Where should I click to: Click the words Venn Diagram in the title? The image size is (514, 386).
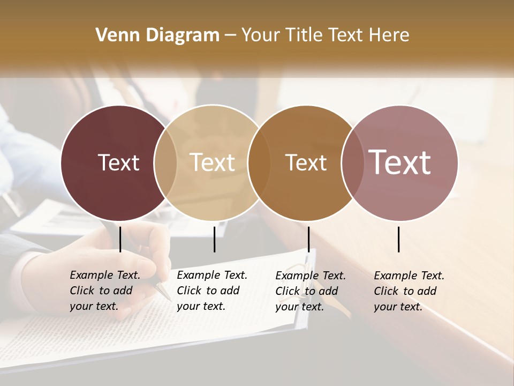coord(157,35)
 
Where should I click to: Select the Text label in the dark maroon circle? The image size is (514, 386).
coord(118,162)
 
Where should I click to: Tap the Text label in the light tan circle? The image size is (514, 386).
coord(213,162)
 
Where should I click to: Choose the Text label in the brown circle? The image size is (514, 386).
coord(306,162)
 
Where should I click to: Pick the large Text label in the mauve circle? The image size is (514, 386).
coord(400,162)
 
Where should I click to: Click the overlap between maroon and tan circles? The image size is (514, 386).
coord(165,162)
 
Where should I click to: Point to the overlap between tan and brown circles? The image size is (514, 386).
coord(259,162)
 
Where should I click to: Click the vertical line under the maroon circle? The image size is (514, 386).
coord(120,239)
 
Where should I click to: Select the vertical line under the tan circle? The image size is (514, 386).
coord(214,239)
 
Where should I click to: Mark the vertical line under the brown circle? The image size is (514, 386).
coord(308,239)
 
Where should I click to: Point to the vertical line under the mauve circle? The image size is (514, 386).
coord(398,239)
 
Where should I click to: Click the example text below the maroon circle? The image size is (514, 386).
coord(105,291)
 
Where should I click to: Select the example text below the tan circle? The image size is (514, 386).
coord(212,291)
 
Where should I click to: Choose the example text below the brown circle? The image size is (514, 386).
coord(311,291)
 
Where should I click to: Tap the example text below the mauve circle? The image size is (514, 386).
coord(409,291)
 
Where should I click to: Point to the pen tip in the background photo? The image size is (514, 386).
coord(168,296)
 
